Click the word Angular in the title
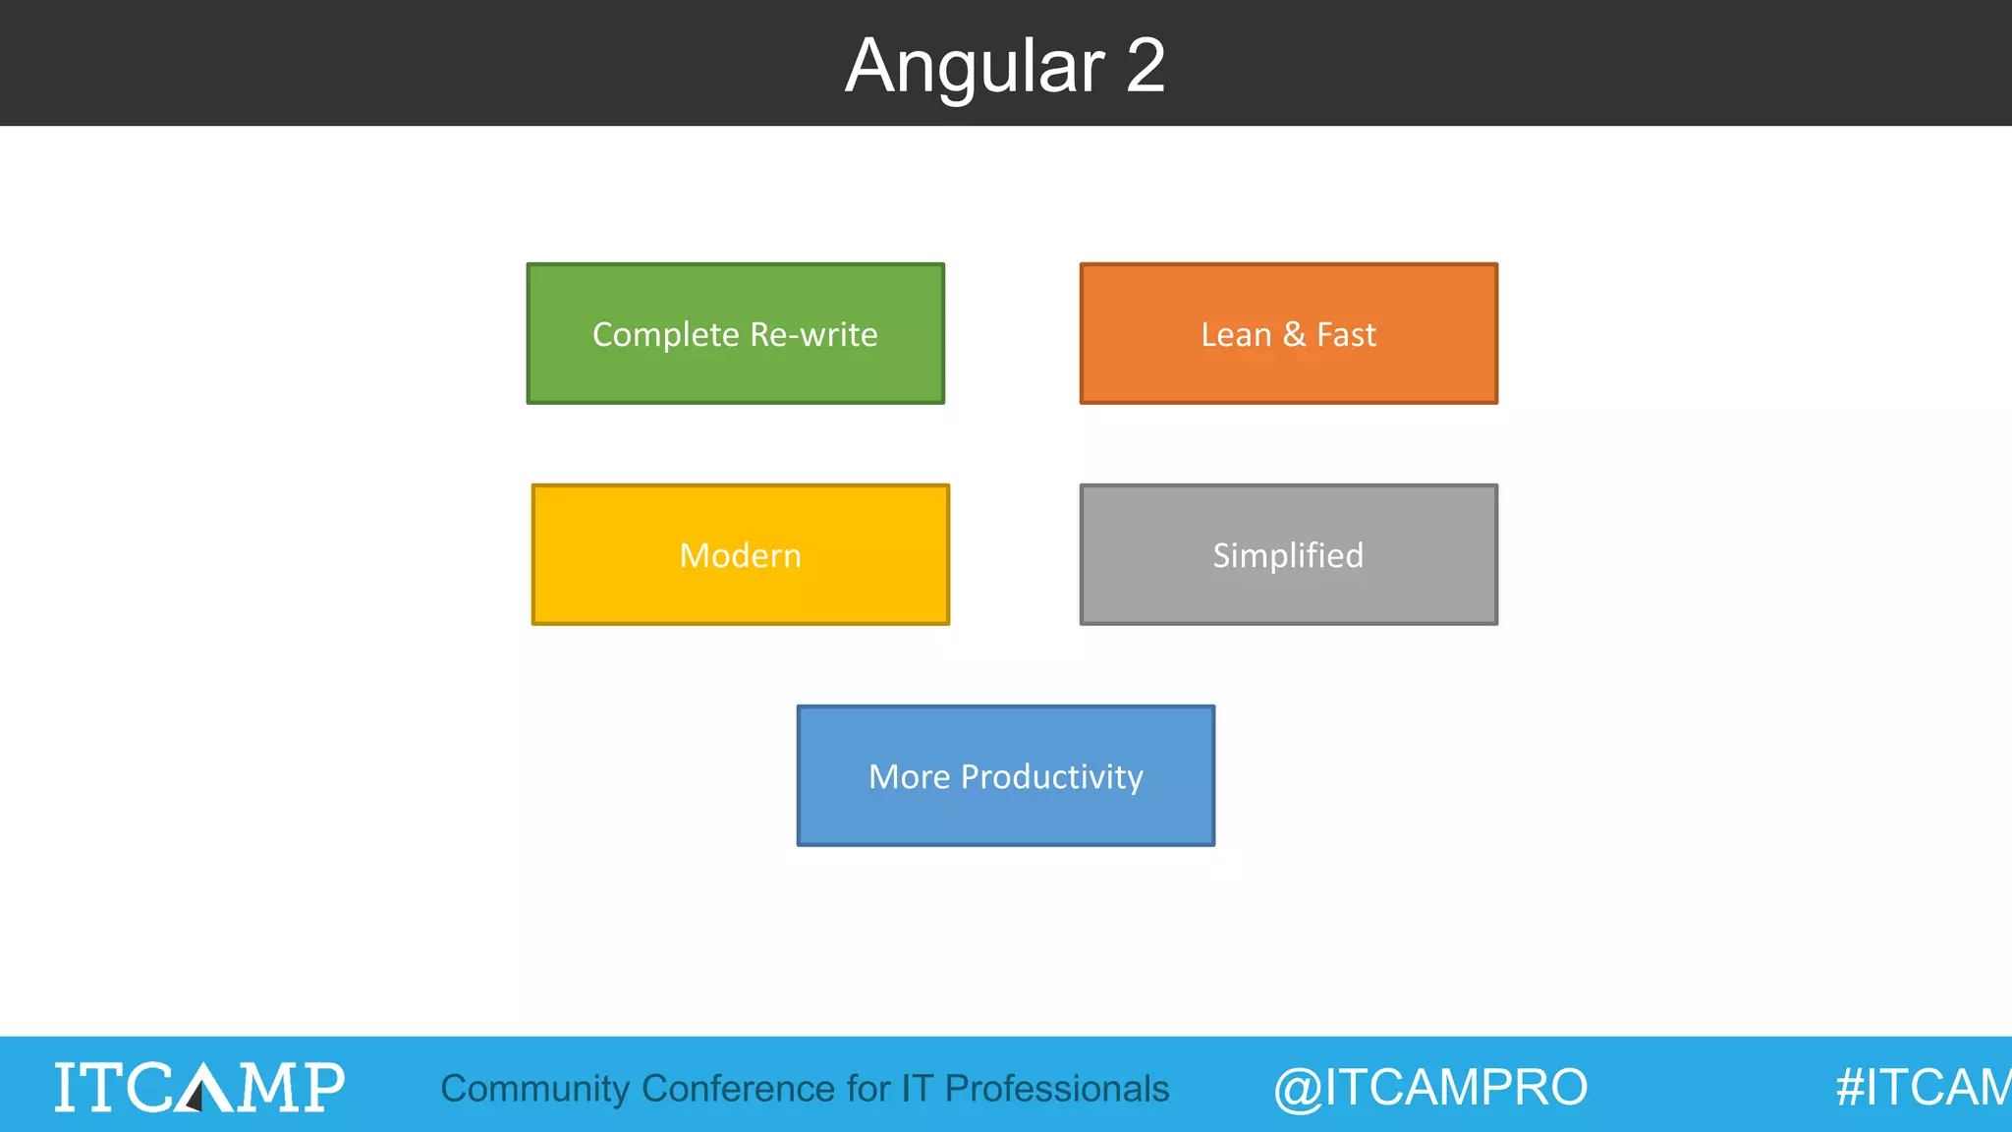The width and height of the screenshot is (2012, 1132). pos(975,67)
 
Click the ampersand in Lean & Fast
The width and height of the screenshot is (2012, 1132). pos(1294,334)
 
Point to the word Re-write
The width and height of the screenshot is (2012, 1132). pos(813,335)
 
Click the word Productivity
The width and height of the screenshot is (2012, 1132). pos(1051,777)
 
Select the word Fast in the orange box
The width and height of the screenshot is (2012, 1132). pos(1346,335)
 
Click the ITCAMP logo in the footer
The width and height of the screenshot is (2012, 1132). pos(199,1087)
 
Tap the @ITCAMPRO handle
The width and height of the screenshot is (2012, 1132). pos(1430,1088)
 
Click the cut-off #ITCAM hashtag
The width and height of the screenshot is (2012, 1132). pos(1923,1088)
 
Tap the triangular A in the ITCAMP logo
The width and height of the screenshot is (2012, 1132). pos(200,1087)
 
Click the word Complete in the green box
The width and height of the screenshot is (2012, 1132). pos(665,335)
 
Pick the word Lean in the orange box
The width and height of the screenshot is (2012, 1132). pos(1236,335)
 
